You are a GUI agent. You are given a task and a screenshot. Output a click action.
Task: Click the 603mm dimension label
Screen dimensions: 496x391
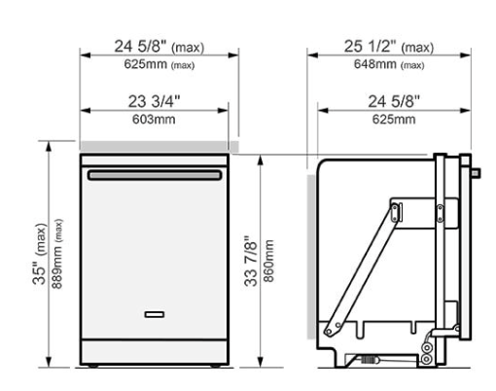[154, 120]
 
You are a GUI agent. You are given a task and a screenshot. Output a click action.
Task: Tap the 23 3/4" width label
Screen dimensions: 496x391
[154, 101]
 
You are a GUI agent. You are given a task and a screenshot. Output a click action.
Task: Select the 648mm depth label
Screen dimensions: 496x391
[375, 64]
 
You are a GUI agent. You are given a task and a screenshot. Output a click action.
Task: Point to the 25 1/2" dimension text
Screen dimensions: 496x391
[371, 46]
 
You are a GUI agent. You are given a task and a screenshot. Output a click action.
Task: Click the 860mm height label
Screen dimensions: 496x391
[268, 261]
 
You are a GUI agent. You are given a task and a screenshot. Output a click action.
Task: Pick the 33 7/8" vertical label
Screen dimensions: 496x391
[251, 261]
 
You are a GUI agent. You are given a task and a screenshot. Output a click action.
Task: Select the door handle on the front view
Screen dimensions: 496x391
[155, 175]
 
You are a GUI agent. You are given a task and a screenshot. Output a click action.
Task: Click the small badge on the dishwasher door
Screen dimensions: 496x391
[155, 314]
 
